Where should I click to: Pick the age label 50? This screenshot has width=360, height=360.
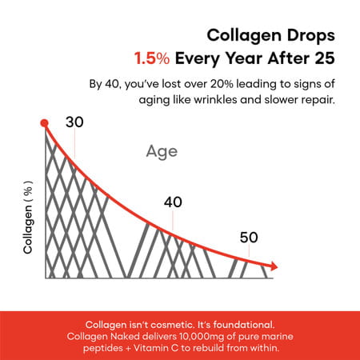(249, 237)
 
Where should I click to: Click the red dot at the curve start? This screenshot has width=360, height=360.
(45, 123)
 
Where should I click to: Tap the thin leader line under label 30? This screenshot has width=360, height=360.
(74, 144)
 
